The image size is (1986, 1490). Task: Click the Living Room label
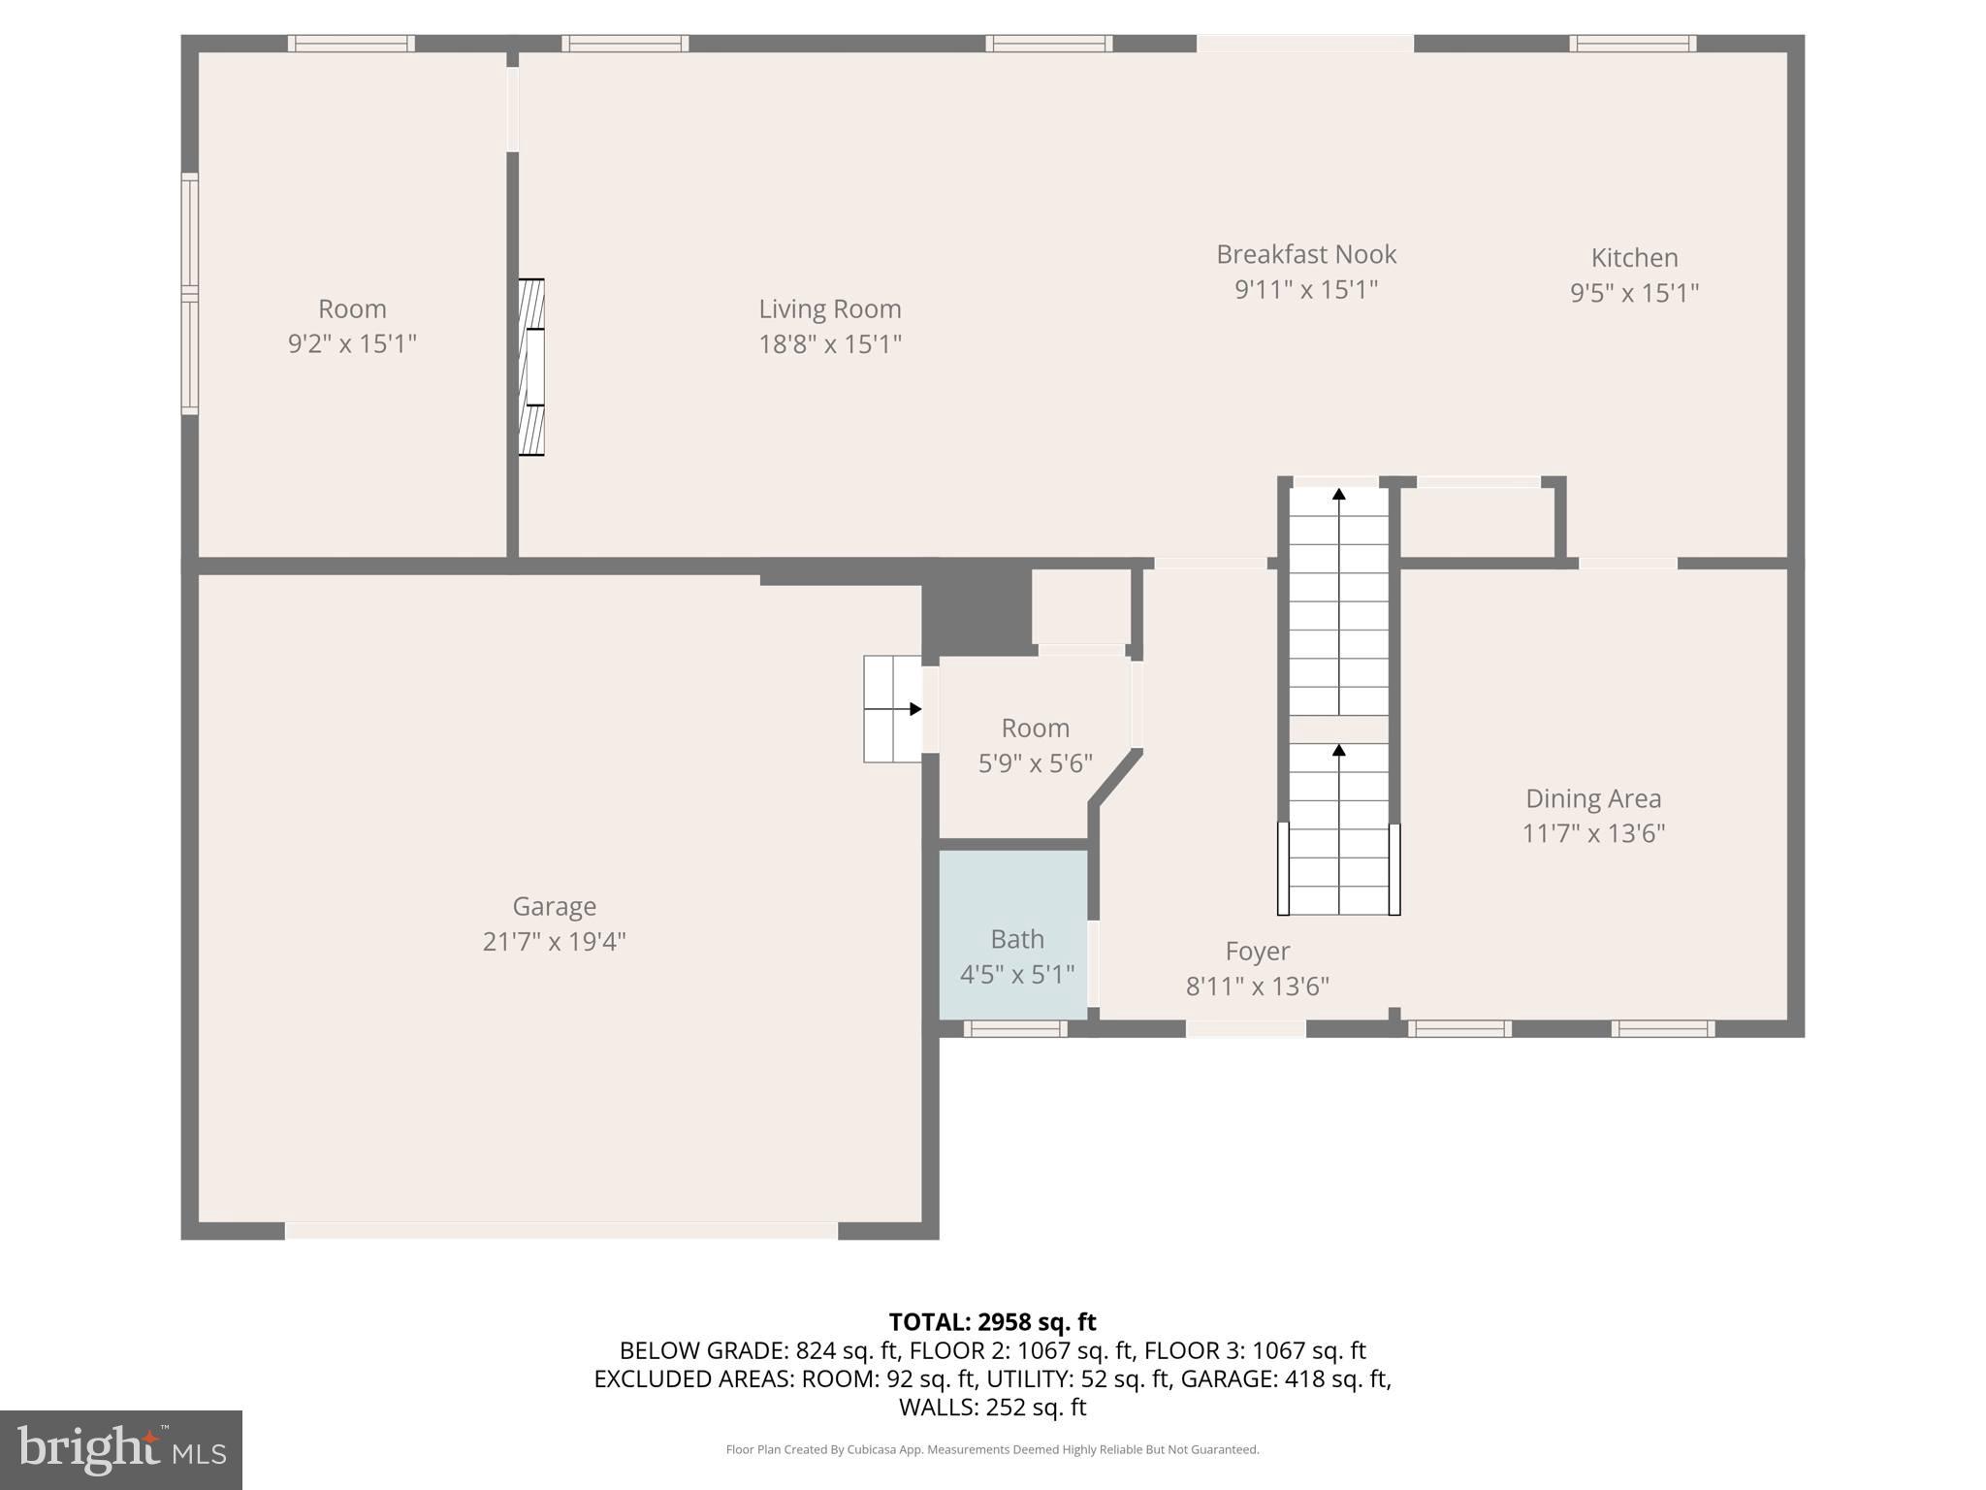click(829, 308)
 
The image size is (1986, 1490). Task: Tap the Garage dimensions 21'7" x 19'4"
click(554, 941)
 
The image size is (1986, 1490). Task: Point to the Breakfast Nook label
click(1305, 254)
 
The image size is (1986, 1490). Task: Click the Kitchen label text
click(1634, 258)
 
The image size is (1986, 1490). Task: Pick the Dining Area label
click(1592, 798)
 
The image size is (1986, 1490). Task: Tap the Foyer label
click(1257, 951)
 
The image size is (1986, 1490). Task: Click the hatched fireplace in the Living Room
click(530, 367)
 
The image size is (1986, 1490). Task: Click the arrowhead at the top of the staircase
click(1338, 494)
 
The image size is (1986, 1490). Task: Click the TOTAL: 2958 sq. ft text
click(992, 1322)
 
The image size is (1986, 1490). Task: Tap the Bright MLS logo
click(121, 1449)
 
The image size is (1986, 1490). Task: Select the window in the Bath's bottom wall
click(1014, 1028)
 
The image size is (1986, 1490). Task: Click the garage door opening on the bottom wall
click(561, 1230)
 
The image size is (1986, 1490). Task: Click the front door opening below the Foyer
click(1245, 1028)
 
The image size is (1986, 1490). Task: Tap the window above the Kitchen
click(1632, 43)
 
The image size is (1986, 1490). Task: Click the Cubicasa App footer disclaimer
click(992, 1449)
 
